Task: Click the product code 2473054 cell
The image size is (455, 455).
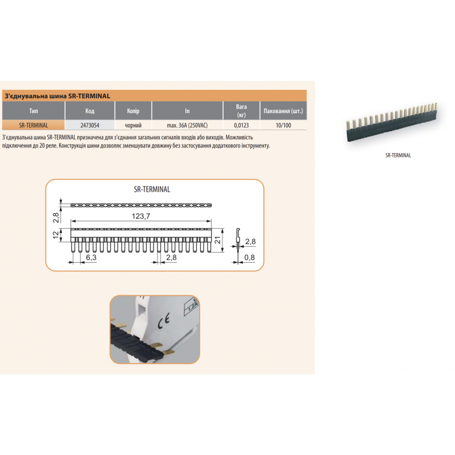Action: (90, 125)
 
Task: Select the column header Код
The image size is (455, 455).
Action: (90, 111)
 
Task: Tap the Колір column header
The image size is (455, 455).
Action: (133, 111)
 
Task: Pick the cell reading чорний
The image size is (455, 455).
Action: (133, 125)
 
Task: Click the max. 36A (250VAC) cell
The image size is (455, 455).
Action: (187, 125)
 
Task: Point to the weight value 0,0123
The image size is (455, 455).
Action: (241, 125)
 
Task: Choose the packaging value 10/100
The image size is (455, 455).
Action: (283, 125)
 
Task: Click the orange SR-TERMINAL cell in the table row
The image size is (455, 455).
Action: (34, 125)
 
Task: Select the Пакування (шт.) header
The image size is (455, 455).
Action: (283, 111)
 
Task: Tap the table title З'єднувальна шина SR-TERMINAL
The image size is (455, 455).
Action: (57, 96)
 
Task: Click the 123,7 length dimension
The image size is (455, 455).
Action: (141, 216)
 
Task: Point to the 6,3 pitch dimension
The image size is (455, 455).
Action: (91, 258)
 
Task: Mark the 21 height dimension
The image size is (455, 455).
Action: (217, 239)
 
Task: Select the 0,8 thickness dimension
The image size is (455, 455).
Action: (249, 258)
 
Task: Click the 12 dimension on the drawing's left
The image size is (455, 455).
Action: (56, 235)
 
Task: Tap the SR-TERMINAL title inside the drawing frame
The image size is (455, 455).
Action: (152, 189)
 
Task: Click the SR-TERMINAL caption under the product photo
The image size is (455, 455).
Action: (398, 155)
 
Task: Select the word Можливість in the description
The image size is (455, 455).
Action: (239, 137)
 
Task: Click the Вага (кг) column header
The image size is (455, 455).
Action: (241, 111)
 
